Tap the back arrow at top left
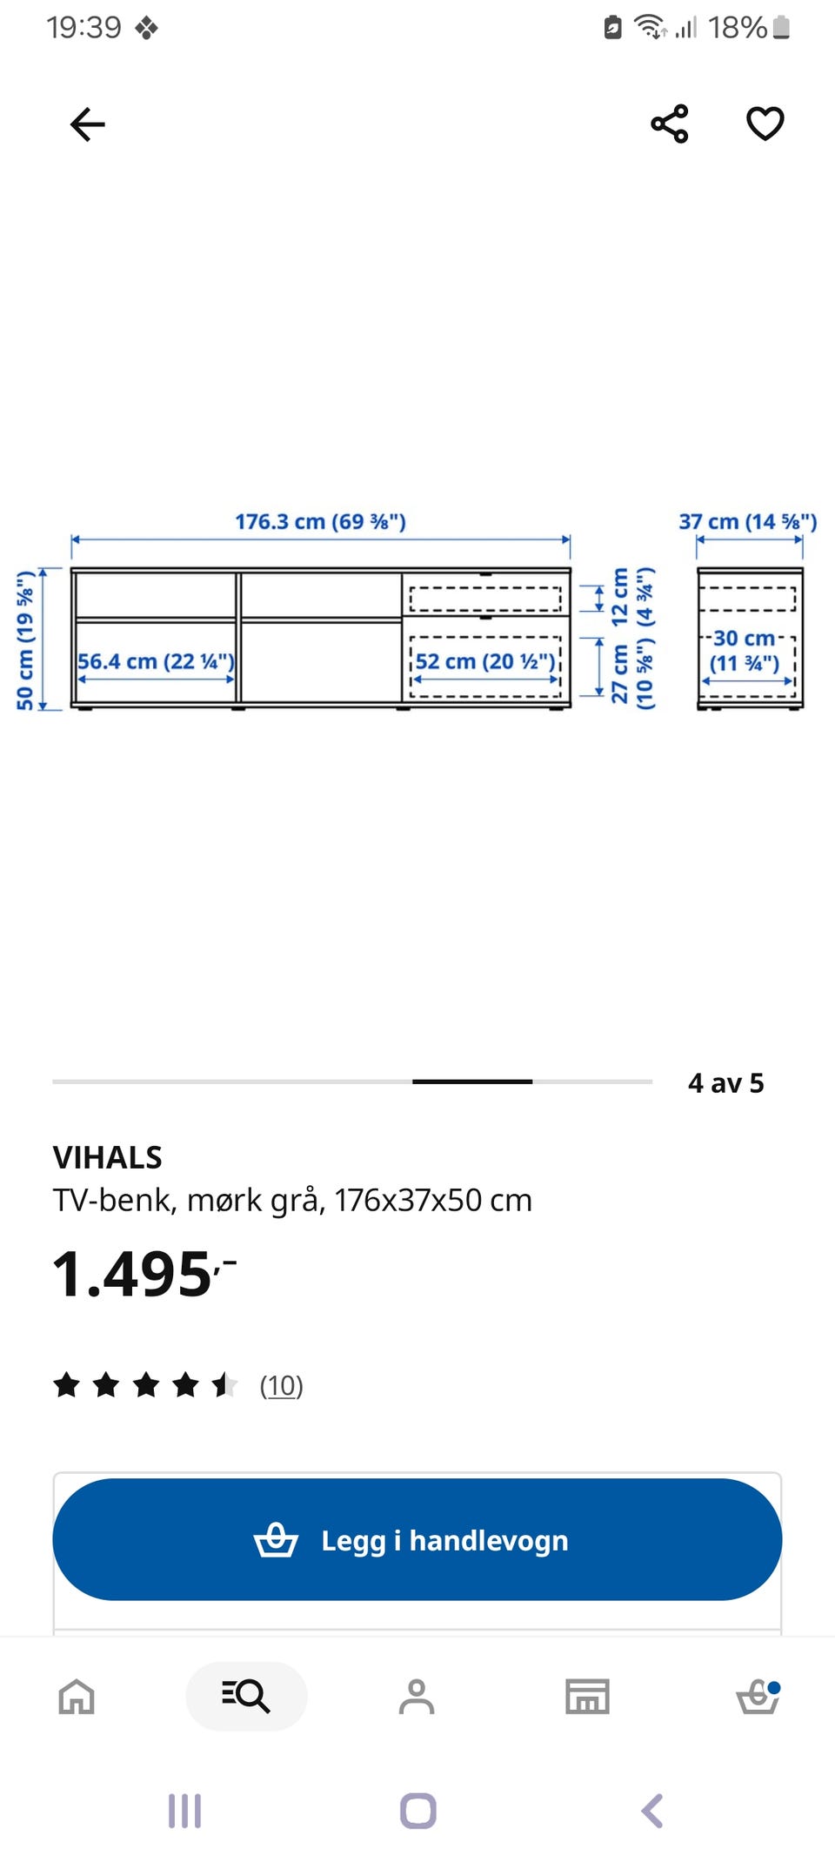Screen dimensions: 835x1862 [87, 124]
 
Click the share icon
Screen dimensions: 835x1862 [670, 124]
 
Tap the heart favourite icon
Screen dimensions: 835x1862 [765, 124]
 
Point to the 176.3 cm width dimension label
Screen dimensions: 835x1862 [320, 522]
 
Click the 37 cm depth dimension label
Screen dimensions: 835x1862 [748, 522]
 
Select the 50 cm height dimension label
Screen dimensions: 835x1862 [25, 640]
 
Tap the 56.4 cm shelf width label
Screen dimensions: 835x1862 [156, 661]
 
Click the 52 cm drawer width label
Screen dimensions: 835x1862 [485, 661]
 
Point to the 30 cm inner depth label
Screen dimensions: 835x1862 [745, 651]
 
